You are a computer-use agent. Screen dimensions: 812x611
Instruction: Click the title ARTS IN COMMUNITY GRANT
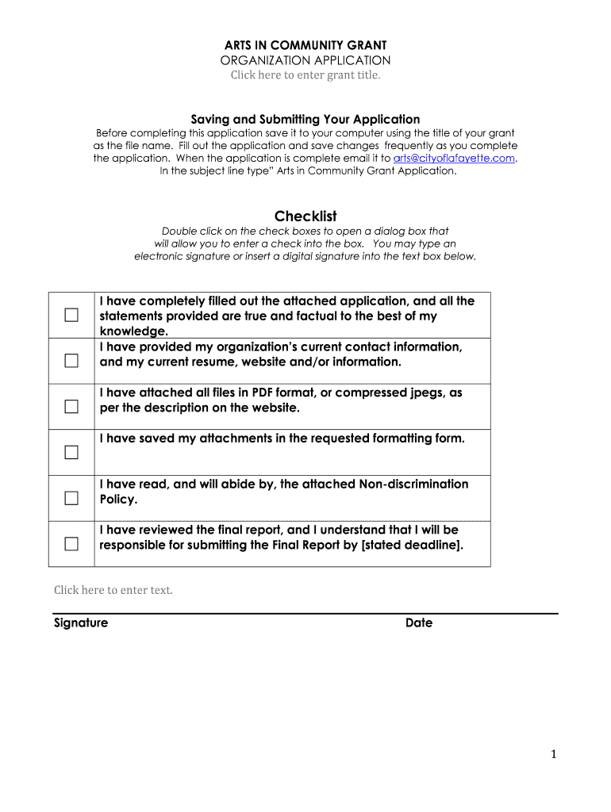(x=305, y=45)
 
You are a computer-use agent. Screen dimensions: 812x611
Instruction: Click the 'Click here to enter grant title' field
(x=305, y=75)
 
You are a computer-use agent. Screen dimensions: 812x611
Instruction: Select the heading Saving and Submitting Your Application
(x=305, y=120)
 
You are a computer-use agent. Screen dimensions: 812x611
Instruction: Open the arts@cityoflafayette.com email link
(x=449, y=158)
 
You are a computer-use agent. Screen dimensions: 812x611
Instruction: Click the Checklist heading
(x=305, y=216)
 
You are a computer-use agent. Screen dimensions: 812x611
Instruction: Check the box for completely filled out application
(x=72, y=316)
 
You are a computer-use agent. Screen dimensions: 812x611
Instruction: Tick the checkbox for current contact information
(x=72, y=362)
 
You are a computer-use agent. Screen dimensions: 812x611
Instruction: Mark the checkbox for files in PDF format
(x=72, y=407)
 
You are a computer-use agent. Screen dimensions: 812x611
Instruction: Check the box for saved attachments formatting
(x=72, y=453)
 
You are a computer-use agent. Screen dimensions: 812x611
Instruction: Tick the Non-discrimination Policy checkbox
(x=72, y=498)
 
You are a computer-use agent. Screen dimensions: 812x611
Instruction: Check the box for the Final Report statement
(x=72, y=544)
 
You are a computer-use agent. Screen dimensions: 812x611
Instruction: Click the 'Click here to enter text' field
(x=113, y=590)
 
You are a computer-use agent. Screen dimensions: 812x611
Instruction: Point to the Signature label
(x=81, y=623)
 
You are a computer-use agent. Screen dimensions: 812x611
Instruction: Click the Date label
(x=419, y=623)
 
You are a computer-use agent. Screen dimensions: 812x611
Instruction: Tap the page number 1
(x=554, y=755)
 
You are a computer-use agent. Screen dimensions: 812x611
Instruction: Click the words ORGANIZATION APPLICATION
(x=305, y=60)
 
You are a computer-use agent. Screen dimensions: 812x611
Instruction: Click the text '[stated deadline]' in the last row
(x=411, y=546)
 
